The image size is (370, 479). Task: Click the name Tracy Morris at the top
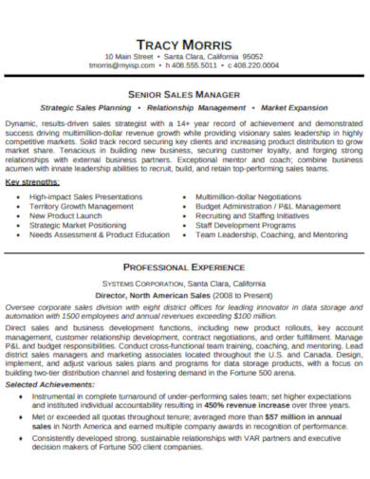[184, 45]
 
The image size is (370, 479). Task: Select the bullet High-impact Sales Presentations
[84, 194]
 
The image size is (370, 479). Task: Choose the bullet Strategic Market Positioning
[79, 226]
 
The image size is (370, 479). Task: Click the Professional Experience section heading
[184, 269]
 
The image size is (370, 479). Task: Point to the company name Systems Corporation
[140, 285]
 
